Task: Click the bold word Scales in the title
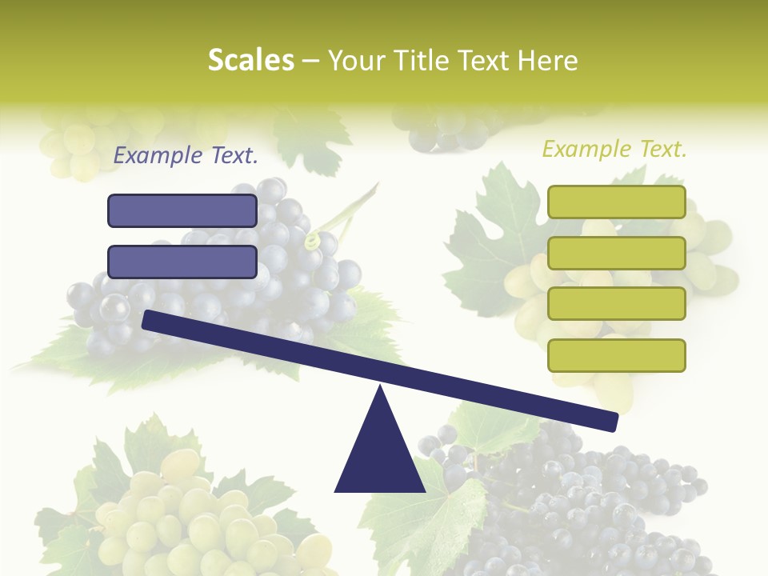click(x=250, y=60)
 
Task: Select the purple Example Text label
click(x=186, y=155)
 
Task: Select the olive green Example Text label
click(x=614, y=149)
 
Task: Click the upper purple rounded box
click(x=182, y=210)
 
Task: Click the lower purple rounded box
click(x=182, y=262)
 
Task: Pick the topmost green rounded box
click(x=616, y=202)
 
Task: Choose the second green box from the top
click(x=616, y=253)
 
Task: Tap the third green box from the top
click(x=616, y=304)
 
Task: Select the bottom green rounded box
click(x=616, y=355)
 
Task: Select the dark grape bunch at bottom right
click(x=576, y=504)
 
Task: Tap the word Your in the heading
click(x=356, y=60)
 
